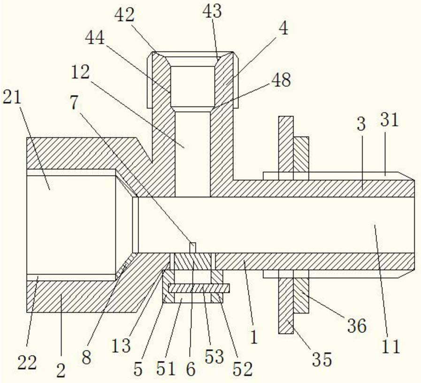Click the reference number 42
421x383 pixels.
pos(124,15)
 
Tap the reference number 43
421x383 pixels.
pos(212,11)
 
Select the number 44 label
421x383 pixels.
pos(95,38)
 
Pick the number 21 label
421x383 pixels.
pos(12,97)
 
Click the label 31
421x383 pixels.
pos(389,120)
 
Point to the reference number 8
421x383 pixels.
pos(86,358)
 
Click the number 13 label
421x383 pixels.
pos(121,345)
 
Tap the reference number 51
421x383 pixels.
pos(166,368)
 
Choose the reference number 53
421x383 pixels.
pos(214,357)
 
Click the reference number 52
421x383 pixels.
pos(243,369)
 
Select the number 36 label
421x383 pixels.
pos(357,326)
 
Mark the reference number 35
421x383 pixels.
pos(322,360)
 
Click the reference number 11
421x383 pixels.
pos(391,346)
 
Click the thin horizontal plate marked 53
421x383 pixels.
pos(199,288)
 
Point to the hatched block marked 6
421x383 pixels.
pos(192,261)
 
